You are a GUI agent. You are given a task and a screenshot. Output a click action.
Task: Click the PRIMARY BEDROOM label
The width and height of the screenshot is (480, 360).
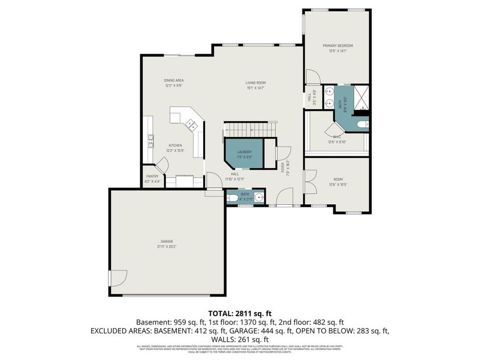[x=337, y=46]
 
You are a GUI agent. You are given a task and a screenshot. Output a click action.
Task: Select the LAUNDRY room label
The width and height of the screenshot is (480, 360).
[x=244, y=152]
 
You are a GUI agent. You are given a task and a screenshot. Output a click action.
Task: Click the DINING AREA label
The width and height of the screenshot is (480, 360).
[x=173, y=80]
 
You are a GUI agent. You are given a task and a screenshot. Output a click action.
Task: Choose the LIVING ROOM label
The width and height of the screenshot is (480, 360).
[x=255, y=83]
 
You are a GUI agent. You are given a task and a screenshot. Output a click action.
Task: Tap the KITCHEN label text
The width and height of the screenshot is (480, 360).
[x=175, y=146]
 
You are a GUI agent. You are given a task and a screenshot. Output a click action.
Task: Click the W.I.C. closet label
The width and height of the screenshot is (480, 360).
[x=337, y=137]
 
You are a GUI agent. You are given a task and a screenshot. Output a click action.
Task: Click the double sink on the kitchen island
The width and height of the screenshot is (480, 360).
[x=190, y=125]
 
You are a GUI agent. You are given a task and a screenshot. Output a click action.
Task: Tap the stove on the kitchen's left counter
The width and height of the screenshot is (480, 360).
[x=150, y=140]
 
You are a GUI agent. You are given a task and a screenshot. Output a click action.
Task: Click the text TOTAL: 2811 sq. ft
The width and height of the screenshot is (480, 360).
[x=239, y=313]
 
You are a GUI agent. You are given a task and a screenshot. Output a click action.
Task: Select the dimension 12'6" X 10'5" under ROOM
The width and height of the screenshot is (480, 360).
[x=337, y=185]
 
